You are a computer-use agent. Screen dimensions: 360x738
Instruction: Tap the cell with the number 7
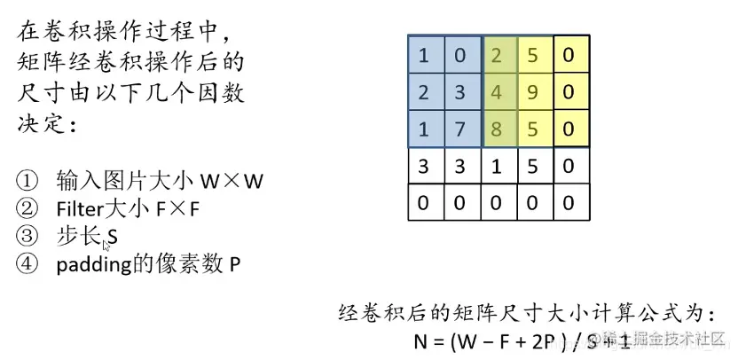(460, 129)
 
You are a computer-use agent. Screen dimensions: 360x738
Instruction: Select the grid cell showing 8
(497, 129)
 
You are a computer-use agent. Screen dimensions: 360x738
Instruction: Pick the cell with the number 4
(497, 92)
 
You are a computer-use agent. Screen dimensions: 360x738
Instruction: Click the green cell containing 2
(497, 55)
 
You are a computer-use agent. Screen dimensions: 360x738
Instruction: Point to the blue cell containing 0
(460, 55)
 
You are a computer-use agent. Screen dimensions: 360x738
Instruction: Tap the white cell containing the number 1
(497, 167)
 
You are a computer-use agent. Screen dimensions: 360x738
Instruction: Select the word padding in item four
(88, 263)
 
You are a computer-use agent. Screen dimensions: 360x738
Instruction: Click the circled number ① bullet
(26, 181)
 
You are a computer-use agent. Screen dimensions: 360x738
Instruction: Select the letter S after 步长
(113, 239)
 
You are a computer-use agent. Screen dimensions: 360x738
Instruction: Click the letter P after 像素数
(234, 263)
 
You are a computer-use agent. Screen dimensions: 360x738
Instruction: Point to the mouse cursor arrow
(106, 245)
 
